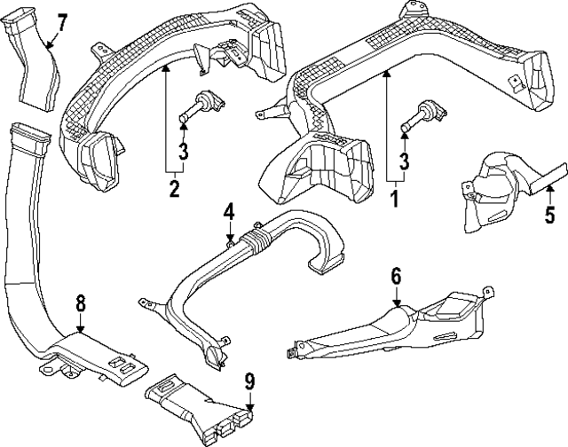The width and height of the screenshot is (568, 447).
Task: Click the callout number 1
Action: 393,197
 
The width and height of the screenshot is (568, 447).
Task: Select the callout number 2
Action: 174,188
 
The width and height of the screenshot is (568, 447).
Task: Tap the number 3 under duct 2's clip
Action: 182,152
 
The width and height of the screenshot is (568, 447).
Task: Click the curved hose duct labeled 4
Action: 257,266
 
